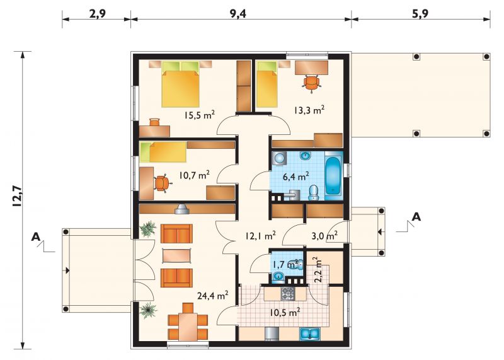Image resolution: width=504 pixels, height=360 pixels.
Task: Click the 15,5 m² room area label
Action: (199, 115)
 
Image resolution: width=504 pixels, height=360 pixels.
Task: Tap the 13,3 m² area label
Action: (309, 110)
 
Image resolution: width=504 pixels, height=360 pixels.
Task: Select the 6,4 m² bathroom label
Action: (295, 177)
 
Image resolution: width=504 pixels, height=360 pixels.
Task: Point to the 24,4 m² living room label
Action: (213, 295)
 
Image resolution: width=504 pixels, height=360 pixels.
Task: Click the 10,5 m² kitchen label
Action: (285, 312)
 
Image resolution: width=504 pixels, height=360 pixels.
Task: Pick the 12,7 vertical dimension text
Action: (17, 196)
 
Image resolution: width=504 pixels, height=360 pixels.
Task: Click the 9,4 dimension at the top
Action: (238, 14)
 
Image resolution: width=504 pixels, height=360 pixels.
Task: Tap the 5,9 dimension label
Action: (420, 14)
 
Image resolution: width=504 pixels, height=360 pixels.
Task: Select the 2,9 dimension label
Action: (98, 14)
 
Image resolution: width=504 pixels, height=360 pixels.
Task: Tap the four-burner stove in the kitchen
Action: (288, 294)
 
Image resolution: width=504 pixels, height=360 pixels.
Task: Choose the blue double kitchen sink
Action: (309, 334)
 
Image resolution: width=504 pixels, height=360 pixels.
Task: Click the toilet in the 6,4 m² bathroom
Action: (312, 193)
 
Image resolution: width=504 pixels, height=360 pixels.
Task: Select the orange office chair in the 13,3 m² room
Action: (311, 83)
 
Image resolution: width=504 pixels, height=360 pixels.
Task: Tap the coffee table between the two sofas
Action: (177, 256)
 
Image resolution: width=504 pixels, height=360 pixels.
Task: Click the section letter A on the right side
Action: (416, 217)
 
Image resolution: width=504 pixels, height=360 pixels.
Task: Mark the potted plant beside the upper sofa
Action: (148, 228)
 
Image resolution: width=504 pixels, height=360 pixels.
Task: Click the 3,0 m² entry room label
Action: (324, 236)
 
